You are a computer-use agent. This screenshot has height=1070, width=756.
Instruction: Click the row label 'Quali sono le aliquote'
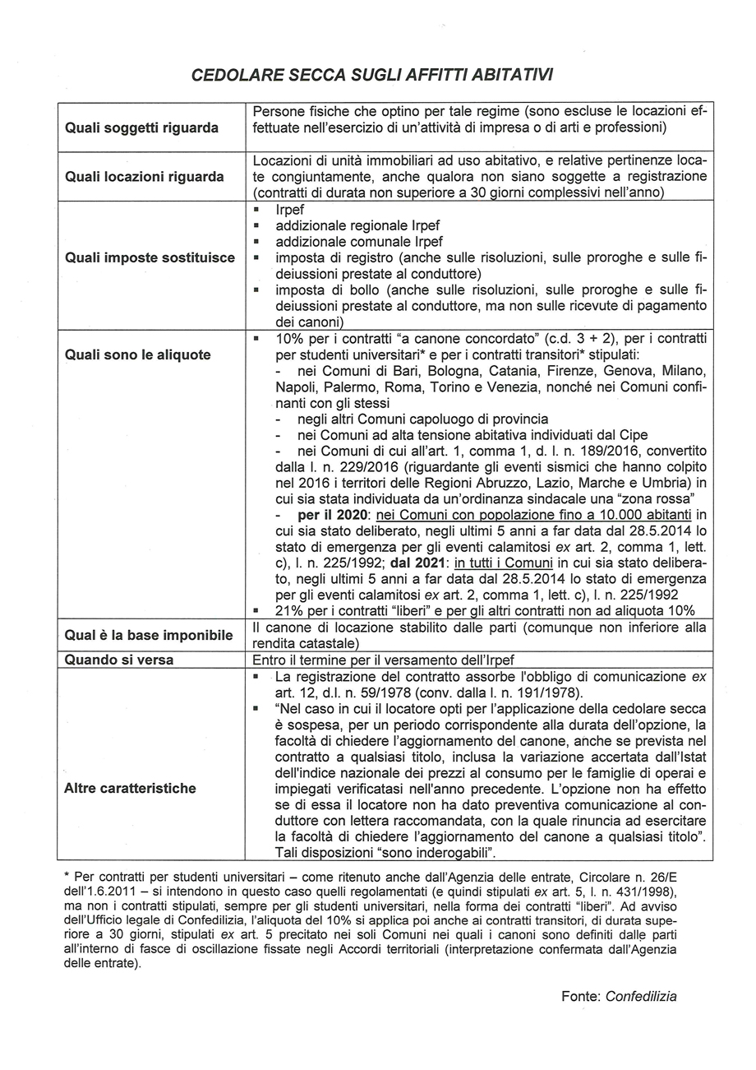pos(137,354)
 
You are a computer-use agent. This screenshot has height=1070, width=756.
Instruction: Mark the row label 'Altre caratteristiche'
pos(130,788)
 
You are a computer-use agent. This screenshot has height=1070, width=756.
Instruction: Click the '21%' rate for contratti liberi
pos(289,610)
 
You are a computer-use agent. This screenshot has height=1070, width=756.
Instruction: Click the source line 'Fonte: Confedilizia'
pos(619,996)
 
